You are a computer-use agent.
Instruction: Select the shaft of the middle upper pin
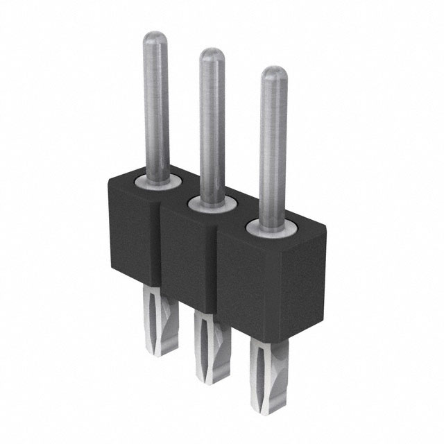coord(212,125)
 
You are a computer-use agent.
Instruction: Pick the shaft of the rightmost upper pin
coord(273,146)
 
